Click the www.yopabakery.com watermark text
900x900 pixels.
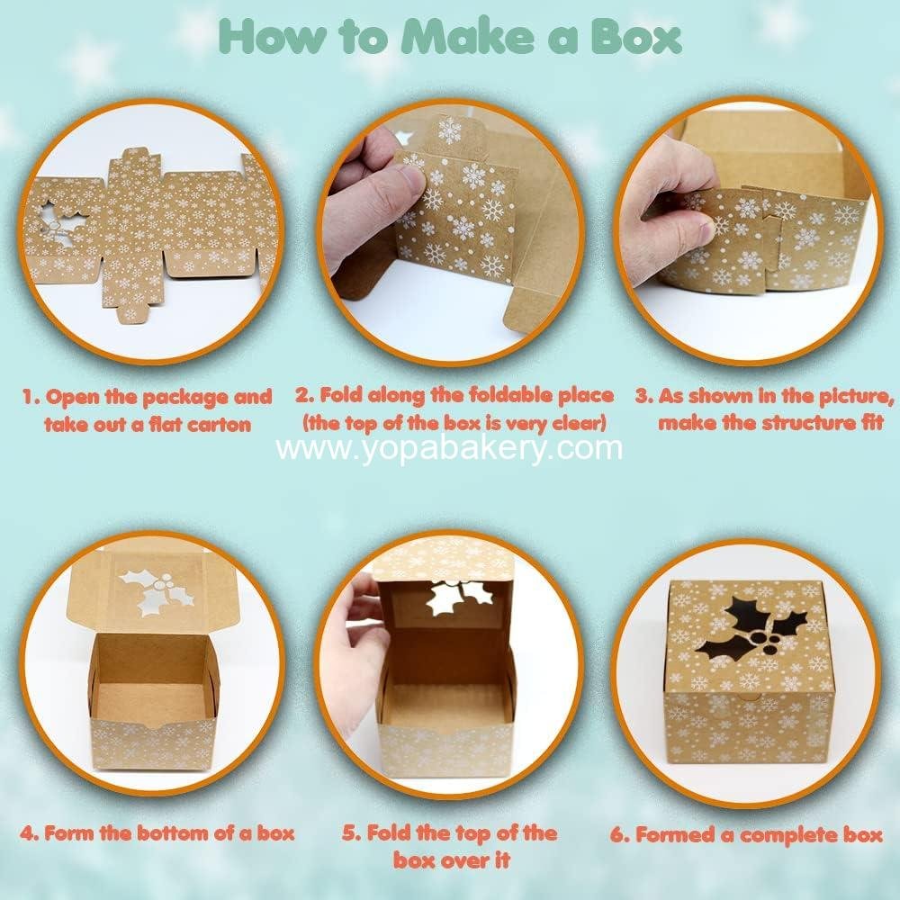(x=449, y=448)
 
